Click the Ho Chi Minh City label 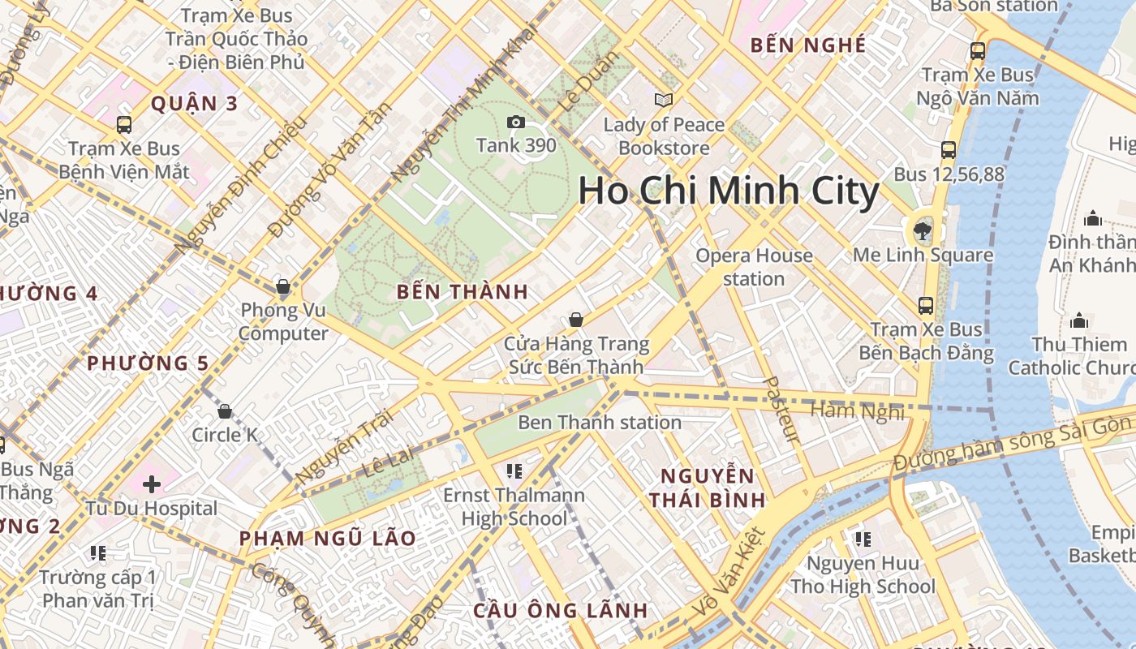point(728,192)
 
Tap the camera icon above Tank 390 point(515,122)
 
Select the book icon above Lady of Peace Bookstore point(664,100)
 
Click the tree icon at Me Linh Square point(923,230)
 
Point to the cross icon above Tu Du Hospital point(152,484)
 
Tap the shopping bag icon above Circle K point(225,411)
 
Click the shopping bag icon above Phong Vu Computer point(283,286)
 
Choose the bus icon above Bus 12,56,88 point(949,149)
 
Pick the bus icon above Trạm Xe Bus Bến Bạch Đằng point(926,305)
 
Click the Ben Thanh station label point(600,422)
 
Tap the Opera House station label point(754,267)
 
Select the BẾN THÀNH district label point(463,292)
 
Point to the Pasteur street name point(782,409)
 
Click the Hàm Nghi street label point(858,411)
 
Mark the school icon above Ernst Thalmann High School point(513,471)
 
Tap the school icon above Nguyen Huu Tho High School point(863,539)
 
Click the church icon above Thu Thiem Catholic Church point(1078,320)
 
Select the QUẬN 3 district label point(195,104)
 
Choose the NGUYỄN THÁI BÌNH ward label point(708,488)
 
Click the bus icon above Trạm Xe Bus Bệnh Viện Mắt point(124,125)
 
